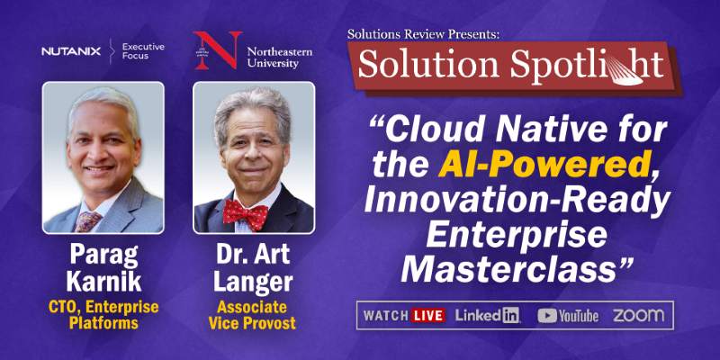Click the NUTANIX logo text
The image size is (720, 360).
[x=71, y=51]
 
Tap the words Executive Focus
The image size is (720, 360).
[x=143, y=51]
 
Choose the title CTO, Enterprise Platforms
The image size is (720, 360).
[x=103, y=314]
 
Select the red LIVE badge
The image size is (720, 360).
[x=428, y=315]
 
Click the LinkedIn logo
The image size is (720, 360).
[x=488, y=315]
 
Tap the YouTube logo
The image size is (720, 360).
[x=568, y=315]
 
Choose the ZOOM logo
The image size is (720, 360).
[x=638, y=315]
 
